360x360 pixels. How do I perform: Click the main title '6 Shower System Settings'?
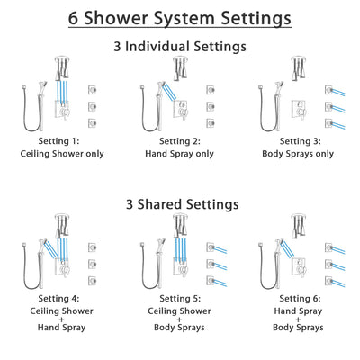(x=180, y=17)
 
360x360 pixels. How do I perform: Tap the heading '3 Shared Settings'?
(x=180, y=204)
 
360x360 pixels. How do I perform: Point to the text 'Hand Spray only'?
(x=180, y=155)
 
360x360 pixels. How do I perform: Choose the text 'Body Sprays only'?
(x=300, y=155)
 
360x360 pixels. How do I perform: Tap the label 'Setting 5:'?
(x=180, y=300)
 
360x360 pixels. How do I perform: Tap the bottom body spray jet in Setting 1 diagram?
(x=92, y=122)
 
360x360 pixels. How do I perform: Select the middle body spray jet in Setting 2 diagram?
(x=211, y=104)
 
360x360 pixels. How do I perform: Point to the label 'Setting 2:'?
(x=180, y=142)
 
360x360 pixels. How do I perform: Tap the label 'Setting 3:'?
(x=300, y=142)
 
